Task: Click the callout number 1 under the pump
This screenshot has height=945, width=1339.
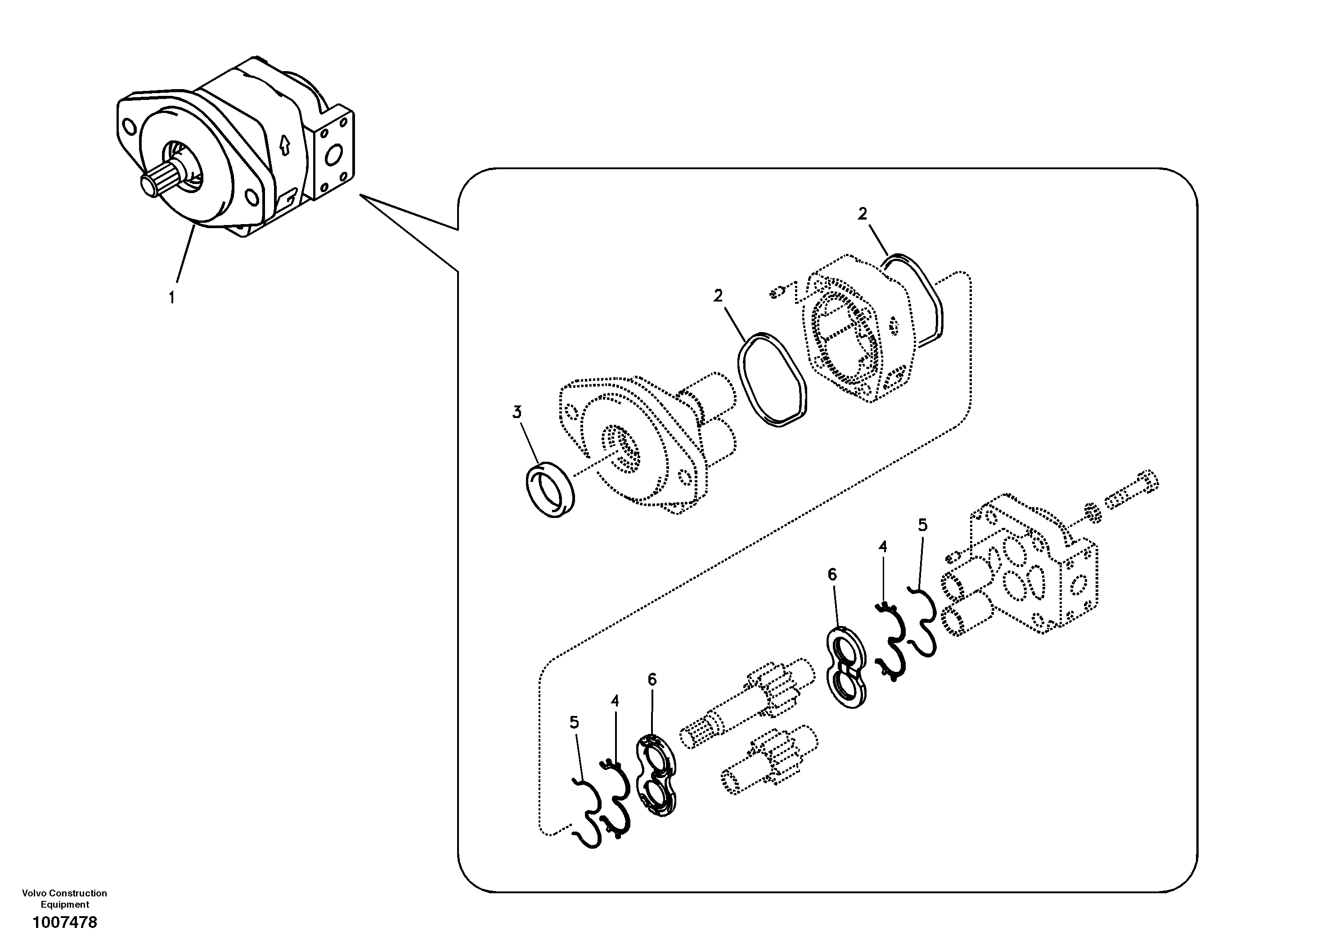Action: click(x=171, y=297)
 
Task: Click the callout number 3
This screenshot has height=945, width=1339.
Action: click(x=517, y=412)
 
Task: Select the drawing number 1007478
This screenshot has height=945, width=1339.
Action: click(x=65, y=922)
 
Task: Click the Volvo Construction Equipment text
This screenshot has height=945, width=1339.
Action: click(x=65, y=898)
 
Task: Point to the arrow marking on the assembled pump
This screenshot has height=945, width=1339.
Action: click(x=285, y=144)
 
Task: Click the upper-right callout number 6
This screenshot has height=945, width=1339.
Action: click(x=832, y=575)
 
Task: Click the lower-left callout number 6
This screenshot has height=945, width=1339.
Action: click(x=652, y=679)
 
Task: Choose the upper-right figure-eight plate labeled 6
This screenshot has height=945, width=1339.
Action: click(x=846, y=667)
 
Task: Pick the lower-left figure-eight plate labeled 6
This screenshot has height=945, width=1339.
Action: click(x=656, y=775)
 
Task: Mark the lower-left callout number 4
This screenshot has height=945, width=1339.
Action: click(x=615, y=701)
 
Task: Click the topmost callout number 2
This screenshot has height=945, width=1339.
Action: click(x=863, y=214)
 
